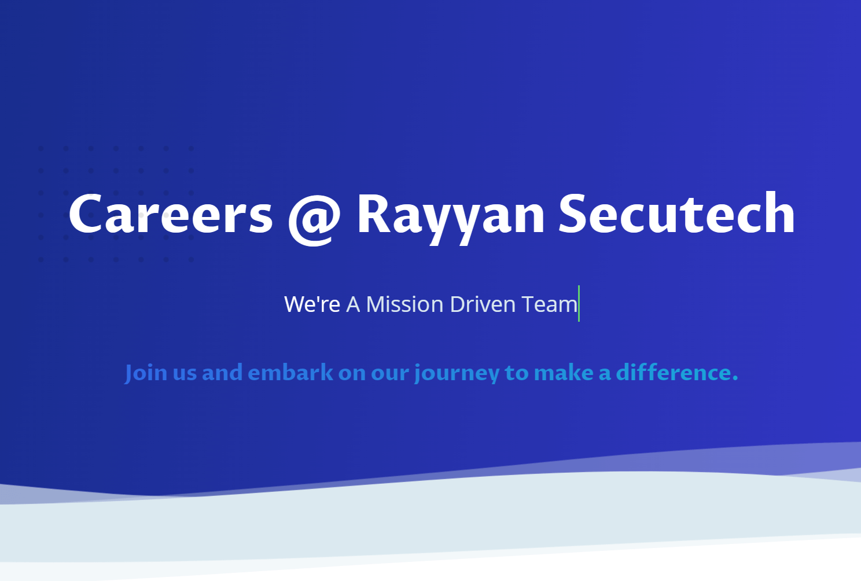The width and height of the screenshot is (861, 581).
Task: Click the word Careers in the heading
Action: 171,215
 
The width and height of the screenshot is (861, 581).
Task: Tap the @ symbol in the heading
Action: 314,217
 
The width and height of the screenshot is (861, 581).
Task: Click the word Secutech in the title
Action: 676,215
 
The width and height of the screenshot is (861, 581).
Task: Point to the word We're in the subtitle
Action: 312,304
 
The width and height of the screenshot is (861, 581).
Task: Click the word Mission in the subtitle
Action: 404,304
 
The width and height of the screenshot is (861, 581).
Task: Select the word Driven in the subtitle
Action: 483,304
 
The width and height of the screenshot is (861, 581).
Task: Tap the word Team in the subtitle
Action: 549,304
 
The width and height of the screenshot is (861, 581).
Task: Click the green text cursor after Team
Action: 579,303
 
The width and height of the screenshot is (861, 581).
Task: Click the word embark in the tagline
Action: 290,373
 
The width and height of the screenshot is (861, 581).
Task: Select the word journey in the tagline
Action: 457,374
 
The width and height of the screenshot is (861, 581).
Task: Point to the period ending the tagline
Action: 735,379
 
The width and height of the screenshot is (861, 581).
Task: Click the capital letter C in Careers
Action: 87,215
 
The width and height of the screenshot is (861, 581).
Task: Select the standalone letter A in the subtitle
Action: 353,304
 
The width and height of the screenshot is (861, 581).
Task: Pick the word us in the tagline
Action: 185,374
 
